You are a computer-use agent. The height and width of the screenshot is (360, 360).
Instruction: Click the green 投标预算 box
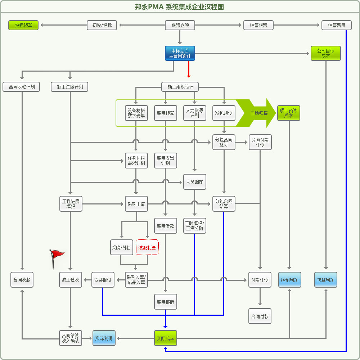point(23,25)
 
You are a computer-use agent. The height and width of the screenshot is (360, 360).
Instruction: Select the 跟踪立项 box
point(180,25)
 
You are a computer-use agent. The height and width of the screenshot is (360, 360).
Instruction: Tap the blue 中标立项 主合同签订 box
point(180,53)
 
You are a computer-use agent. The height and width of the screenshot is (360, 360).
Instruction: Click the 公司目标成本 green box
point(325,53)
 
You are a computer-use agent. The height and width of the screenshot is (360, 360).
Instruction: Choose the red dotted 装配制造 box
point(147,247)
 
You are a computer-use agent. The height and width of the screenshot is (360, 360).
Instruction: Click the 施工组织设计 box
point(180,87)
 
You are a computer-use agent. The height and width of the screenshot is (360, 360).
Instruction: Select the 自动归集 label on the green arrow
point(259,113)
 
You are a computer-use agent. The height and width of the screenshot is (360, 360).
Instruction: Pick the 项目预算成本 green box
point(288,113)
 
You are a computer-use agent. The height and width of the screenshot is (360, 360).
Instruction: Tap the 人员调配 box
point(195,182)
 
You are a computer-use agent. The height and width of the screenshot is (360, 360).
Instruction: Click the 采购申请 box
point(136,204)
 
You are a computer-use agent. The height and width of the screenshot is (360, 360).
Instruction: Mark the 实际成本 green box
point(165,338)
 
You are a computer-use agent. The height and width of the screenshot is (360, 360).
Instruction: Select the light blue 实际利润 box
point(104,338)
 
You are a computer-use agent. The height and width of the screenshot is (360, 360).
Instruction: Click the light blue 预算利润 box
point(325,280)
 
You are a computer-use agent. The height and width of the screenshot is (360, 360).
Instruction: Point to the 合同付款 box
point(260,316)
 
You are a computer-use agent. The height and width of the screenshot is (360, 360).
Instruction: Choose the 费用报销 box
point(165,302)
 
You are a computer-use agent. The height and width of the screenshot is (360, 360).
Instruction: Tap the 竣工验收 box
point(71,280)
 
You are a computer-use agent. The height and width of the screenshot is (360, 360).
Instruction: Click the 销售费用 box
point(336,25)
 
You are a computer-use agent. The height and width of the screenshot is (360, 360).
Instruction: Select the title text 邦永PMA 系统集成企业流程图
point(180,7)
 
